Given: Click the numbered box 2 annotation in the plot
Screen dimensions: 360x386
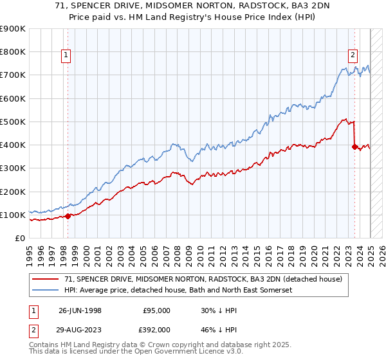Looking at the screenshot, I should (x=353, y=55).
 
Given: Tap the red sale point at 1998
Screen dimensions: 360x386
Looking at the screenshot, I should (x=68, y=216).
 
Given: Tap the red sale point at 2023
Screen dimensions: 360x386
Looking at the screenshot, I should (x=354, y=147).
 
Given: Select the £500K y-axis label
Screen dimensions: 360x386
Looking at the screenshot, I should (x=14, y=122).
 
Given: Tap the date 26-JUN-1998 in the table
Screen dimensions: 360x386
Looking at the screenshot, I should (x=80, y=310).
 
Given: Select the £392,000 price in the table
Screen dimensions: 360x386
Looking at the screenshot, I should (x=156, y=330).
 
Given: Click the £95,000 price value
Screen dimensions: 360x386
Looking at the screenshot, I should (x=156, y=310).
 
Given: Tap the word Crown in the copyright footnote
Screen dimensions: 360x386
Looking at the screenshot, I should (x=165, y=345).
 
